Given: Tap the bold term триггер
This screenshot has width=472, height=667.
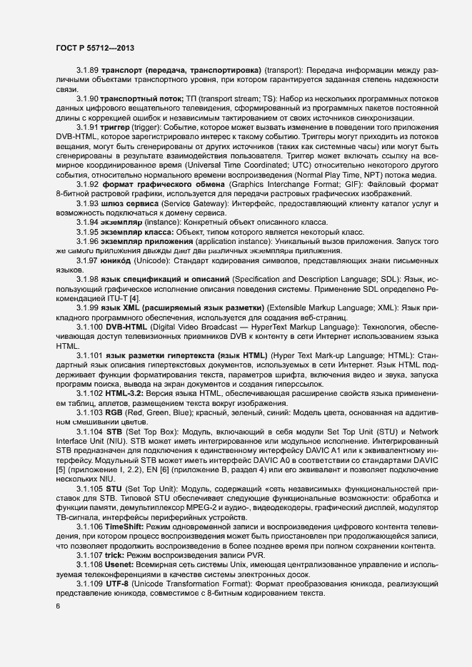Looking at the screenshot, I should tap(118, 126).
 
